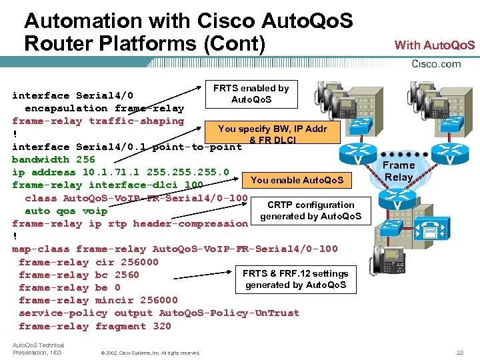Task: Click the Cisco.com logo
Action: [437, 64]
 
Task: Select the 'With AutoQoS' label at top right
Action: [435, 45]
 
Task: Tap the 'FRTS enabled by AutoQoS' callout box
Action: [251, 94]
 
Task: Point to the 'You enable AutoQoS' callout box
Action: [297, 179]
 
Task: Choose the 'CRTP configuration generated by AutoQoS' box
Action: [311, 211]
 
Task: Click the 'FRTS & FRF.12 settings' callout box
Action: [295, 279]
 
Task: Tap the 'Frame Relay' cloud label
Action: [399, 171]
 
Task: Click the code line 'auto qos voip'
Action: [66, 211]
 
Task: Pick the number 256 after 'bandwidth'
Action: [85, 159]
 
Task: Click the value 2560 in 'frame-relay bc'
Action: [127, 275]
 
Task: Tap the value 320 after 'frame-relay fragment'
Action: [162, 326]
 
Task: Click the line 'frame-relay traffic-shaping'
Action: [98, 121]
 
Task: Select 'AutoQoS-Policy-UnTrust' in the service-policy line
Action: [229, 313]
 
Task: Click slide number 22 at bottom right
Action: [459, 352]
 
